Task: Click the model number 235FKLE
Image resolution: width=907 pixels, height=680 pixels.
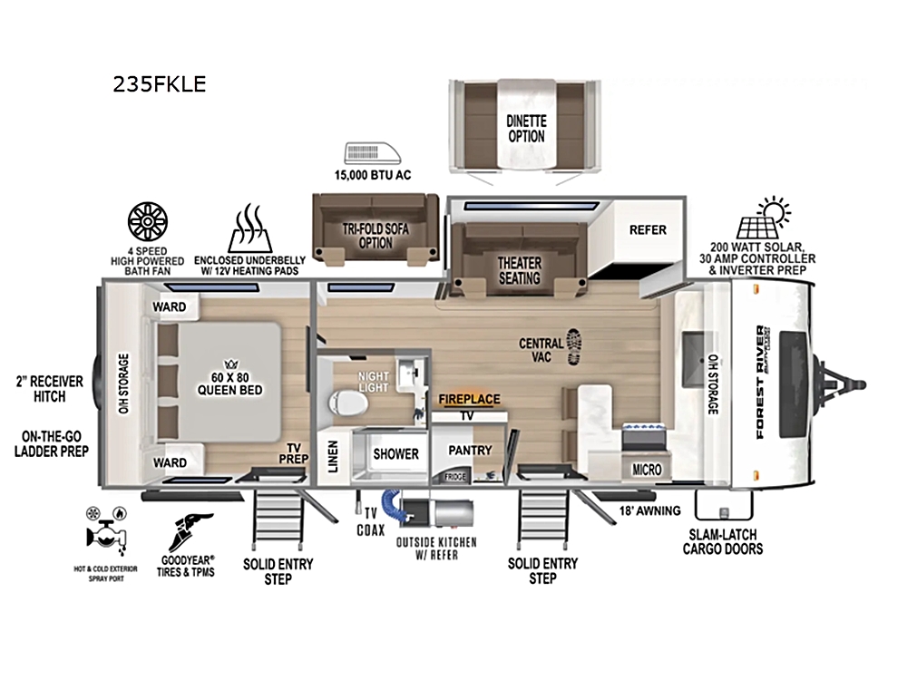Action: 159,84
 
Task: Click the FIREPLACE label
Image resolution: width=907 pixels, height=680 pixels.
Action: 469,399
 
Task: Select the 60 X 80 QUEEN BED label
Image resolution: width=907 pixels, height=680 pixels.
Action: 230,384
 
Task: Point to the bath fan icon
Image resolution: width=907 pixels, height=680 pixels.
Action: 148,221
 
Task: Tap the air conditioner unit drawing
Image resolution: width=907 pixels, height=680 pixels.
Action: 373,152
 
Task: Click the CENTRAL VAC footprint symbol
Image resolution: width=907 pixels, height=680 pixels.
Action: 573,346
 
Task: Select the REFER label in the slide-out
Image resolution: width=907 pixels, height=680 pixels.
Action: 648,230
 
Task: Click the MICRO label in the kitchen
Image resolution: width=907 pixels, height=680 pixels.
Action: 647,470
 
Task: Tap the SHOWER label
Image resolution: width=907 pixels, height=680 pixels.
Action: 395,454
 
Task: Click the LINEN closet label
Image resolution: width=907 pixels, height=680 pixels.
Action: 333,457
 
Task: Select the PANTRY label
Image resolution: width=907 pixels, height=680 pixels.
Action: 470,450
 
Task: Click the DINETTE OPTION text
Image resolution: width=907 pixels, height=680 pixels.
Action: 526,129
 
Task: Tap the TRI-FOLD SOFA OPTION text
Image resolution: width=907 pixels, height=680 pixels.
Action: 375,236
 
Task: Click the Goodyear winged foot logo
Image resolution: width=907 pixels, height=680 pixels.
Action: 190,532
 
